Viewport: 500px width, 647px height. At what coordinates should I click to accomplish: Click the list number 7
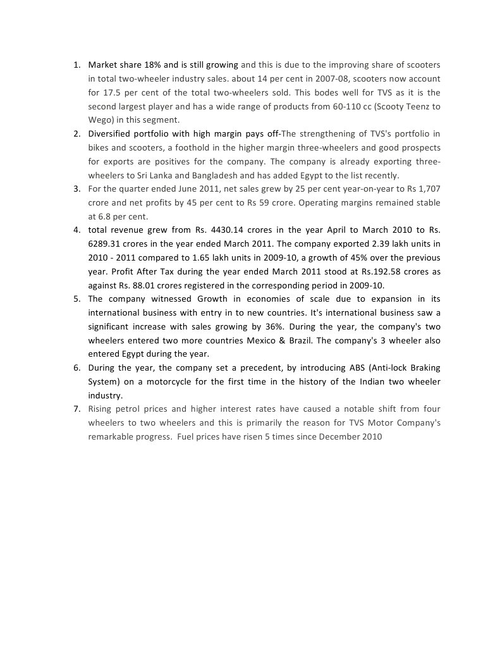pyautogui.click(x=76, y=409)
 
